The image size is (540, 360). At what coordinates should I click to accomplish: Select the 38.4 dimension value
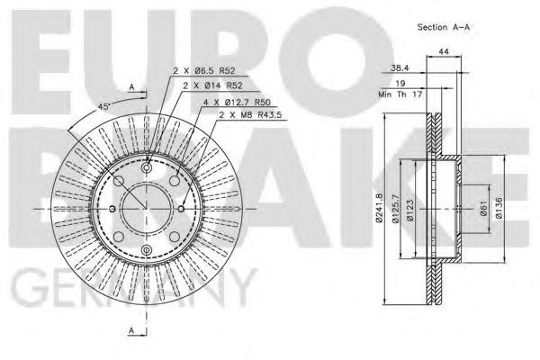401,67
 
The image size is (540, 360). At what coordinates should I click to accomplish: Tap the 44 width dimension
443,54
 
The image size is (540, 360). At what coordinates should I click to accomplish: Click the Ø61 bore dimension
484,209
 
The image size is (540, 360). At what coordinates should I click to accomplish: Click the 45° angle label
103,106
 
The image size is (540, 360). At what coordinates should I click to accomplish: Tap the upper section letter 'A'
132,86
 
